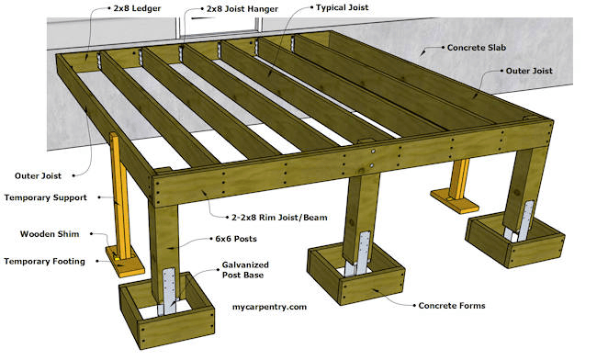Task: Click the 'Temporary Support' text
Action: point(45,197)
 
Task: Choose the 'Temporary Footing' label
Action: point(45,261)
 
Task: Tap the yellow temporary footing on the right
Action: point(451,197)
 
